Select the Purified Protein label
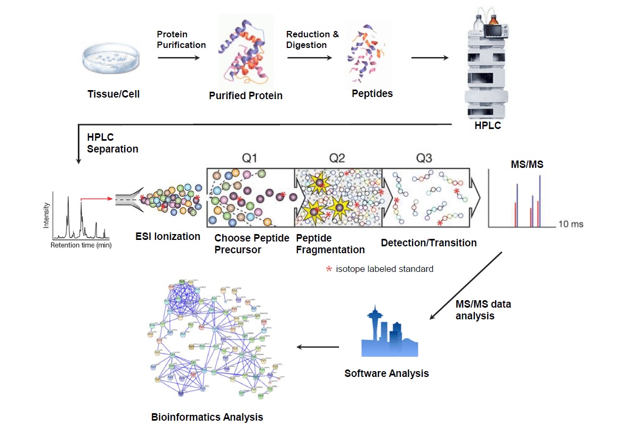246,96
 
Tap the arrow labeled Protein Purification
179,58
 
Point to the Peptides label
372,94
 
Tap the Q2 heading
337,158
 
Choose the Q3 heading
424,158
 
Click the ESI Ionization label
168,236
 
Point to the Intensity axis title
47,215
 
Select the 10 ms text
570,224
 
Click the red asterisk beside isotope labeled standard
329,269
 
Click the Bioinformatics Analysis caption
207,417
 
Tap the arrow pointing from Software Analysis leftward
318,347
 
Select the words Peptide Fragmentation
330,244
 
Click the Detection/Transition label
429,243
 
